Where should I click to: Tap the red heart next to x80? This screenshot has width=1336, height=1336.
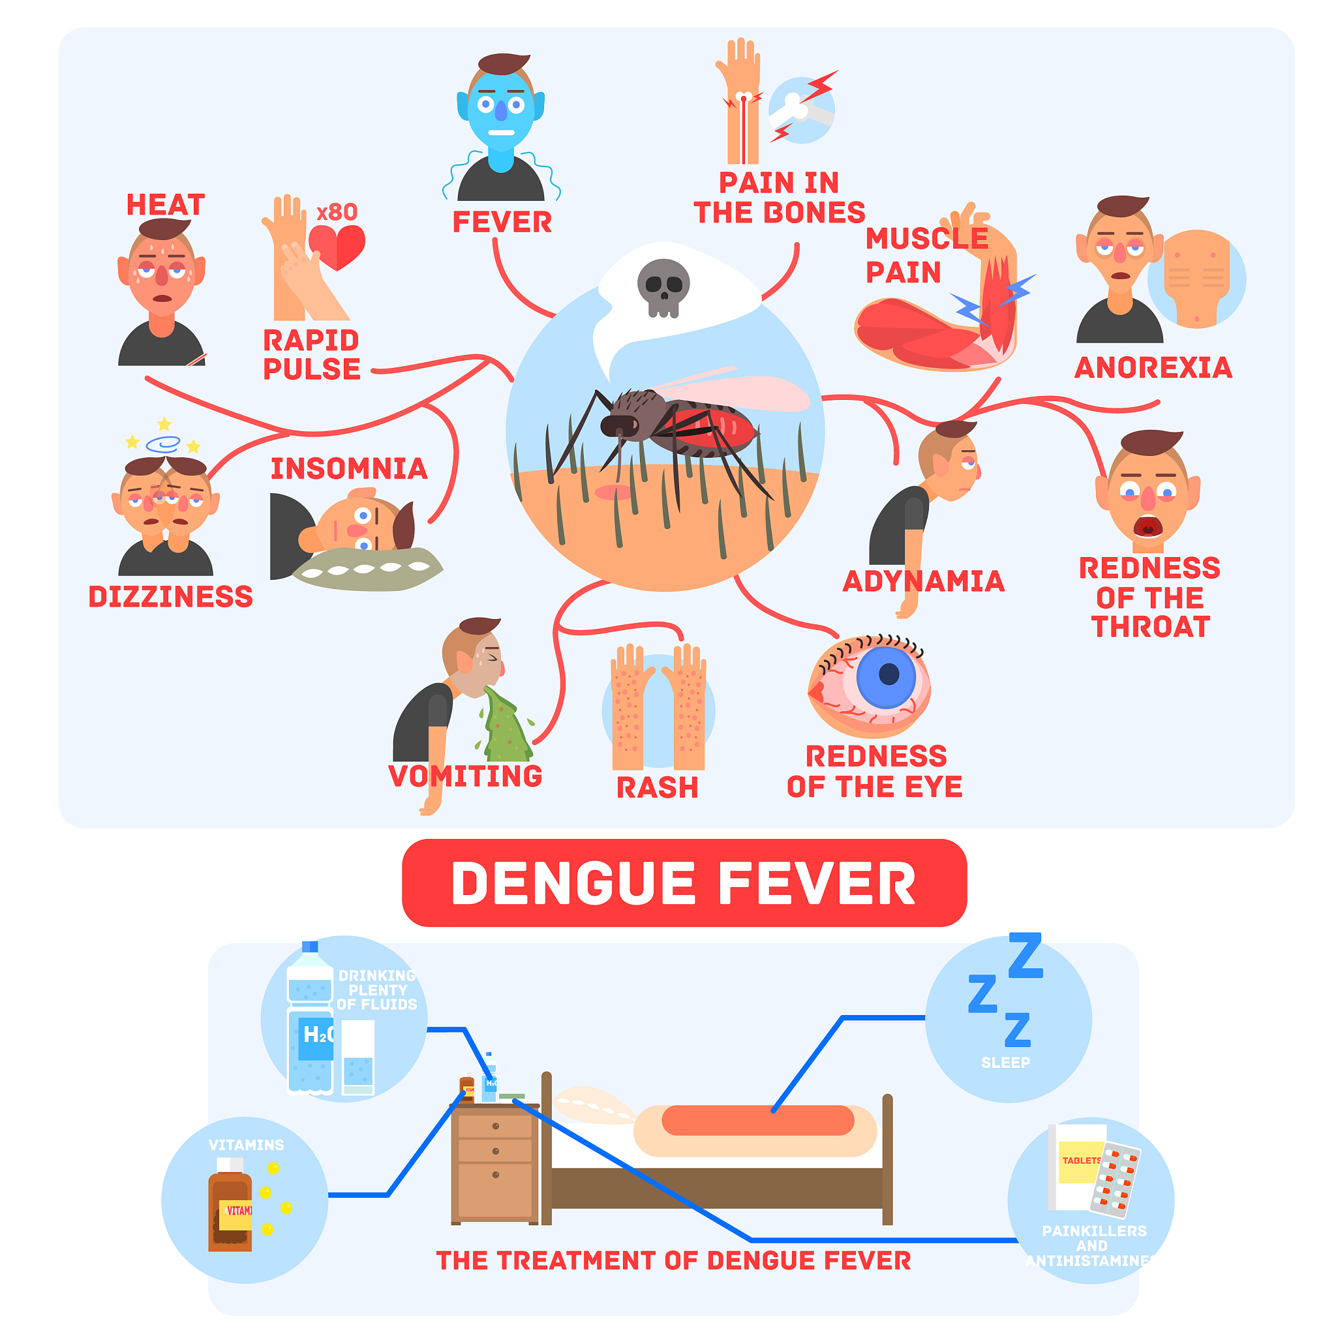(x=337, y=247)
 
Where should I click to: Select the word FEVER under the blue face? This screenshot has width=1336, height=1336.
(x=502, y=222)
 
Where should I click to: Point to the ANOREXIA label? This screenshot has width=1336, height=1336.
(x=1153, y=368)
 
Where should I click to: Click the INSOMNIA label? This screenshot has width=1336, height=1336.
(x=349, y=469)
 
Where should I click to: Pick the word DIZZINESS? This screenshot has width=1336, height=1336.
(x=171, y=597)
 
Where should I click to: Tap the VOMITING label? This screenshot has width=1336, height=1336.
(x=465, y=776)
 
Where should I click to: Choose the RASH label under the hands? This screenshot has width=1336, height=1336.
(x=657, y=787)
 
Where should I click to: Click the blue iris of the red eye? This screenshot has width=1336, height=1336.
(x=887, y=677)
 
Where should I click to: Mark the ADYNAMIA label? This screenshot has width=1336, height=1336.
(x=924, y=581)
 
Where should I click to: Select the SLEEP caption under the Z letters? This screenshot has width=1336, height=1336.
(x=1005, y=1063)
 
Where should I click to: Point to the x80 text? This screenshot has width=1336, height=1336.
(x=337, y=212)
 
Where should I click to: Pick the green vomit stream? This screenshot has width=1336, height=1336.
(x=507, y=723)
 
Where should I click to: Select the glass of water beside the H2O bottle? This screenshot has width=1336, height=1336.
(x=358, y=1058)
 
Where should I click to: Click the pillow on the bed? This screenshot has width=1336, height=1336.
(x=595, y=1104)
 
